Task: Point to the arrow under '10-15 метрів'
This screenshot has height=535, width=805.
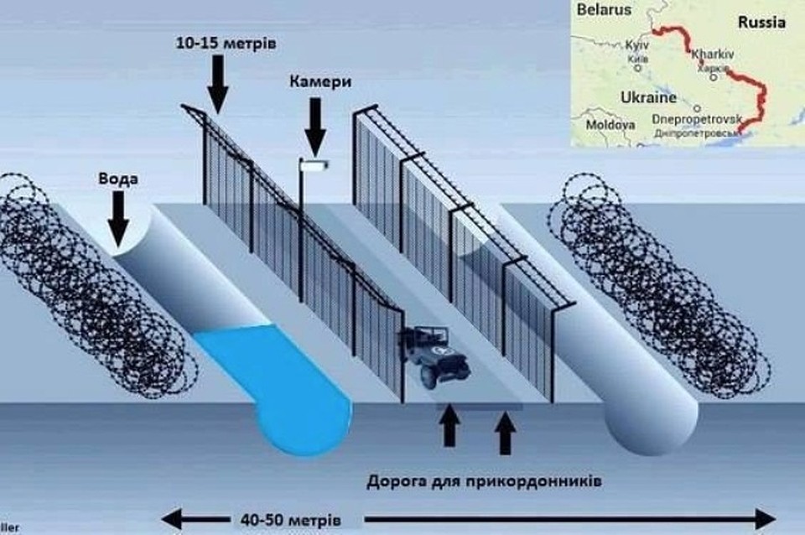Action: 216,84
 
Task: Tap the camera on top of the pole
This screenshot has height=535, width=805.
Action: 314,165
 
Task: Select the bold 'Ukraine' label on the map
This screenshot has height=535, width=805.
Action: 647,97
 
